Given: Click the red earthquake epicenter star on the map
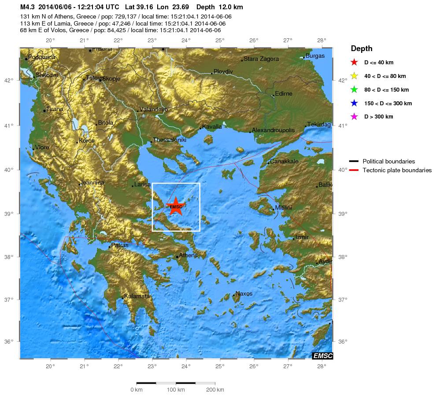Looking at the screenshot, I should (176, 206).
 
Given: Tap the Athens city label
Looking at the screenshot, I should (188, 255).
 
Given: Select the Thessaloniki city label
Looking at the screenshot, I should (170, 140).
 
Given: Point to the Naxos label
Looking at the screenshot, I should (244, 293).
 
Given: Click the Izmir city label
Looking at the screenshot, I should (302, 237).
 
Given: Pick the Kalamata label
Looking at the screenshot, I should (137, 296).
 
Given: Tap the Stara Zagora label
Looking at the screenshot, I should (261, 59).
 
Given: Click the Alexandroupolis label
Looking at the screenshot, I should (272, 130).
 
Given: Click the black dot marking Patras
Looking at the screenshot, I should (110, 247).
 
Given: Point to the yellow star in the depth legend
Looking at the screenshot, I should (354, 76).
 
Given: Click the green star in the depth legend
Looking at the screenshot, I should (354, 89).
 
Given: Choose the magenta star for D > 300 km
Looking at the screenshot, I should (354, 117).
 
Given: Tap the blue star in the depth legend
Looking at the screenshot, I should (354, 103).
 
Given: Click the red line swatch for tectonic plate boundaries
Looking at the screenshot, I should (355, 170).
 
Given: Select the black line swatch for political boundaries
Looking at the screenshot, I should (355, 161).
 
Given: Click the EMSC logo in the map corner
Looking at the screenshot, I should (322, 356).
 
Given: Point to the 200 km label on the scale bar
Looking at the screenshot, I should (214, 390).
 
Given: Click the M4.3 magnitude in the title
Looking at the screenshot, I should (28, 7).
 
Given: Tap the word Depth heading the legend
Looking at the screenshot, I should (362, 48).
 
